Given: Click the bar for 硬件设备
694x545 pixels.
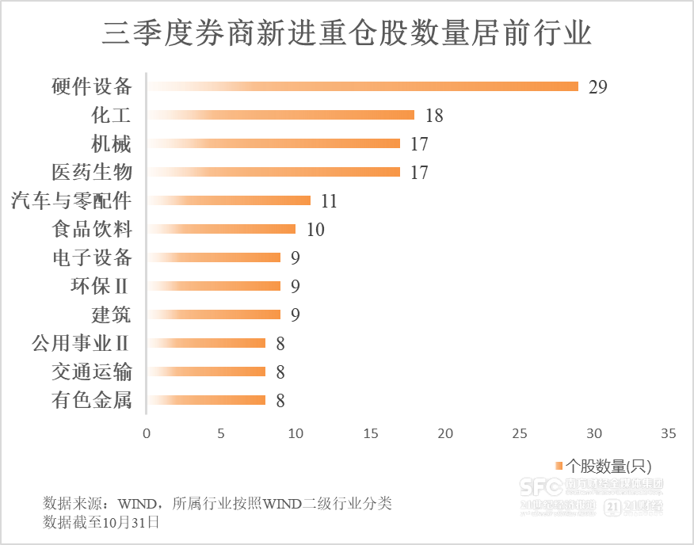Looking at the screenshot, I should pyautogui.click(x=363, y=86).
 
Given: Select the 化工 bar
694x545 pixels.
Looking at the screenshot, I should pyautogui.click(x=280, y=115).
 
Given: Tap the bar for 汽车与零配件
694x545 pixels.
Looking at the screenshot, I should pyautogui.click(x=229, y=200).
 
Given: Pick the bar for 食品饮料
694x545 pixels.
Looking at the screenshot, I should pyautogui.click(x=221, y=229).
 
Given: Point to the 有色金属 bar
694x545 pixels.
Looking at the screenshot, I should pyautogui.click(x=206, y=400).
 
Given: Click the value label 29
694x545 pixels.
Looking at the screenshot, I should pyautogui.click(x=597, y=87).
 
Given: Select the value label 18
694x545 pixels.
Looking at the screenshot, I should pyautogui.click(x=433, y=116).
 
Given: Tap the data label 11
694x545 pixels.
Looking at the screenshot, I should pyautogui.click(x=329, y=201).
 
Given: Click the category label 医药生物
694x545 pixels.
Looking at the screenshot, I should pyautogui.click(x=91, y=172).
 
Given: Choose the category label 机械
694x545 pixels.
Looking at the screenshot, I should pyautogui.click(x=111, y=143).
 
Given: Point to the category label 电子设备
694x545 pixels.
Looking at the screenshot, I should pyautogui.click(x=91, y=257).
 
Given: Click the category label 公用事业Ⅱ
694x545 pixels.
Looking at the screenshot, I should pyautogui.click(x=81, y=343).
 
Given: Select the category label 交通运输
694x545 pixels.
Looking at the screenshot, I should pyautogui.click(x=91, y=372).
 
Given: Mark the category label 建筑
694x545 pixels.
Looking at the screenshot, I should pyautogui.click(x=111, y=314).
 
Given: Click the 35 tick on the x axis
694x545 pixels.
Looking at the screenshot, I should pyautogui.click(x=669, y=433).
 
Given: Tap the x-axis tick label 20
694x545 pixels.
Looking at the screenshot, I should pyautogui.click(x=445, y=433).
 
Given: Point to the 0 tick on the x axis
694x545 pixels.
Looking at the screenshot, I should pyautogui.click(x=147, y=433).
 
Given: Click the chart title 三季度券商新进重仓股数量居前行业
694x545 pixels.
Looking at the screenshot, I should pyautogui.click(x=347, y=34).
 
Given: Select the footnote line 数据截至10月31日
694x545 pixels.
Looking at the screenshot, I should pyautogui.click(x=101, y=522).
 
